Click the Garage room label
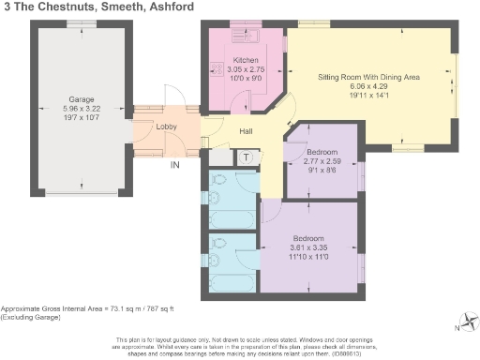82,97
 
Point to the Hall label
247,131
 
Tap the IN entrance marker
174,166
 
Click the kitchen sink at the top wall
250,37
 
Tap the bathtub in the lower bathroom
228,281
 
